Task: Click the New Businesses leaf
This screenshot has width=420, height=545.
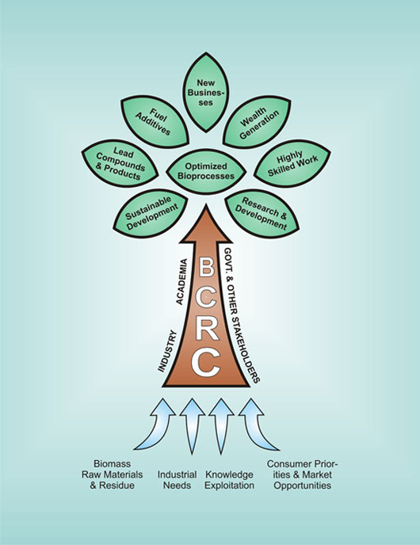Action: [x=206, y=93]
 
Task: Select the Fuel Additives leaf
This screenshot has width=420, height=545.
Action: [x=155, y=122]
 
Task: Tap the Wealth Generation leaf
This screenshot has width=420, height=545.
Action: [x=257, y=122]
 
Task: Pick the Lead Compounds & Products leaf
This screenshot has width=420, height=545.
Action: [x=120, y=163]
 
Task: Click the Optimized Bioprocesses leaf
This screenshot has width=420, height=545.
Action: [x=206, y=171]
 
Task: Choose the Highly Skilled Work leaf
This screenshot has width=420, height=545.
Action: [x=292, y=163]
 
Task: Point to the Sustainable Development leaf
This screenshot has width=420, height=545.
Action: [x=151, y=213]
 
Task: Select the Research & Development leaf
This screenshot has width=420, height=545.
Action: [x=262, y=213]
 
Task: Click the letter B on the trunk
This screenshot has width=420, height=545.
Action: [x=206, y=268]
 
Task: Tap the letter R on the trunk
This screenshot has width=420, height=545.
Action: [x=207, y=330]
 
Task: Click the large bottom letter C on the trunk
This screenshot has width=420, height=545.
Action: [x=206, y=363]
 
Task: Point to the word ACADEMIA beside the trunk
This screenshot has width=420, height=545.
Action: [x=181, y=282]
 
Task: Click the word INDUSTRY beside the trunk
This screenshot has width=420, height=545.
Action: [x=167, y=352]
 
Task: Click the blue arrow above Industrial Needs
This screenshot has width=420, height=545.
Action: [x=192, y=426]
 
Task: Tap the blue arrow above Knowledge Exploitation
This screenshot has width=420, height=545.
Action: [x=221, y=426]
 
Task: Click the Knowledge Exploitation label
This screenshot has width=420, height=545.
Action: [x=229, y=480]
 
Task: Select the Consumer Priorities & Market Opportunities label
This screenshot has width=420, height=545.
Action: [x=302, y=474]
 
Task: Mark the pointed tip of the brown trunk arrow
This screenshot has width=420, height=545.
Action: [x=206, y=204]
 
